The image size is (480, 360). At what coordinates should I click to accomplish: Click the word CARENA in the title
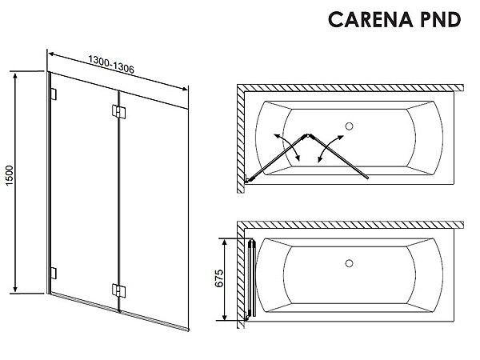click(370, 19)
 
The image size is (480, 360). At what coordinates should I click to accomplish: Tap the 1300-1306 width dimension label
click(111, 64)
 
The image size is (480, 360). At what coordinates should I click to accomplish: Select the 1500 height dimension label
click(9, 175)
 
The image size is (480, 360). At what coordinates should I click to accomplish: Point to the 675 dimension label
click(219, 278)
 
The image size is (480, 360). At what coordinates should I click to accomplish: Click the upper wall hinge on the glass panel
click(54, 94)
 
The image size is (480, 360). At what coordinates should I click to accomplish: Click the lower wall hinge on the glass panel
click(54, 274)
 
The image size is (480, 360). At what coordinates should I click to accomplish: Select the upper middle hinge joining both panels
click(118, 112)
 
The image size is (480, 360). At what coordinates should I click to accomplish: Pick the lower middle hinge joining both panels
click(118, 290)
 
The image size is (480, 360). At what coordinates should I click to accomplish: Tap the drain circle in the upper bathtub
click(349, 126)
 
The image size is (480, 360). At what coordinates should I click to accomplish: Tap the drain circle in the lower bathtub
click(349, 263)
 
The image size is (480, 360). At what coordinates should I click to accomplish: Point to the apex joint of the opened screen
click(308, 135)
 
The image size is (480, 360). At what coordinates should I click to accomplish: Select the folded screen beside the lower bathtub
click(252, 278)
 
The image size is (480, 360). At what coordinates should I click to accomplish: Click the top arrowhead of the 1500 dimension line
click(15, 76)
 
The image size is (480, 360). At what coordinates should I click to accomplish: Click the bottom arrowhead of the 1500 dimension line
click(15, 289)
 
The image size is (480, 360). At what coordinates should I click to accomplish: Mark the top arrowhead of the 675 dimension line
click(225, 242)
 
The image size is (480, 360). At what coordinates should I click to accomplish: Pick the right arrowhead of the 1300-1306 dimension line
click(184, 89)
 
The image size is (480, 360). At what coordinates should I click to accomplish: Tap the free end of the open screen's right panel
click(367, 178)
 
